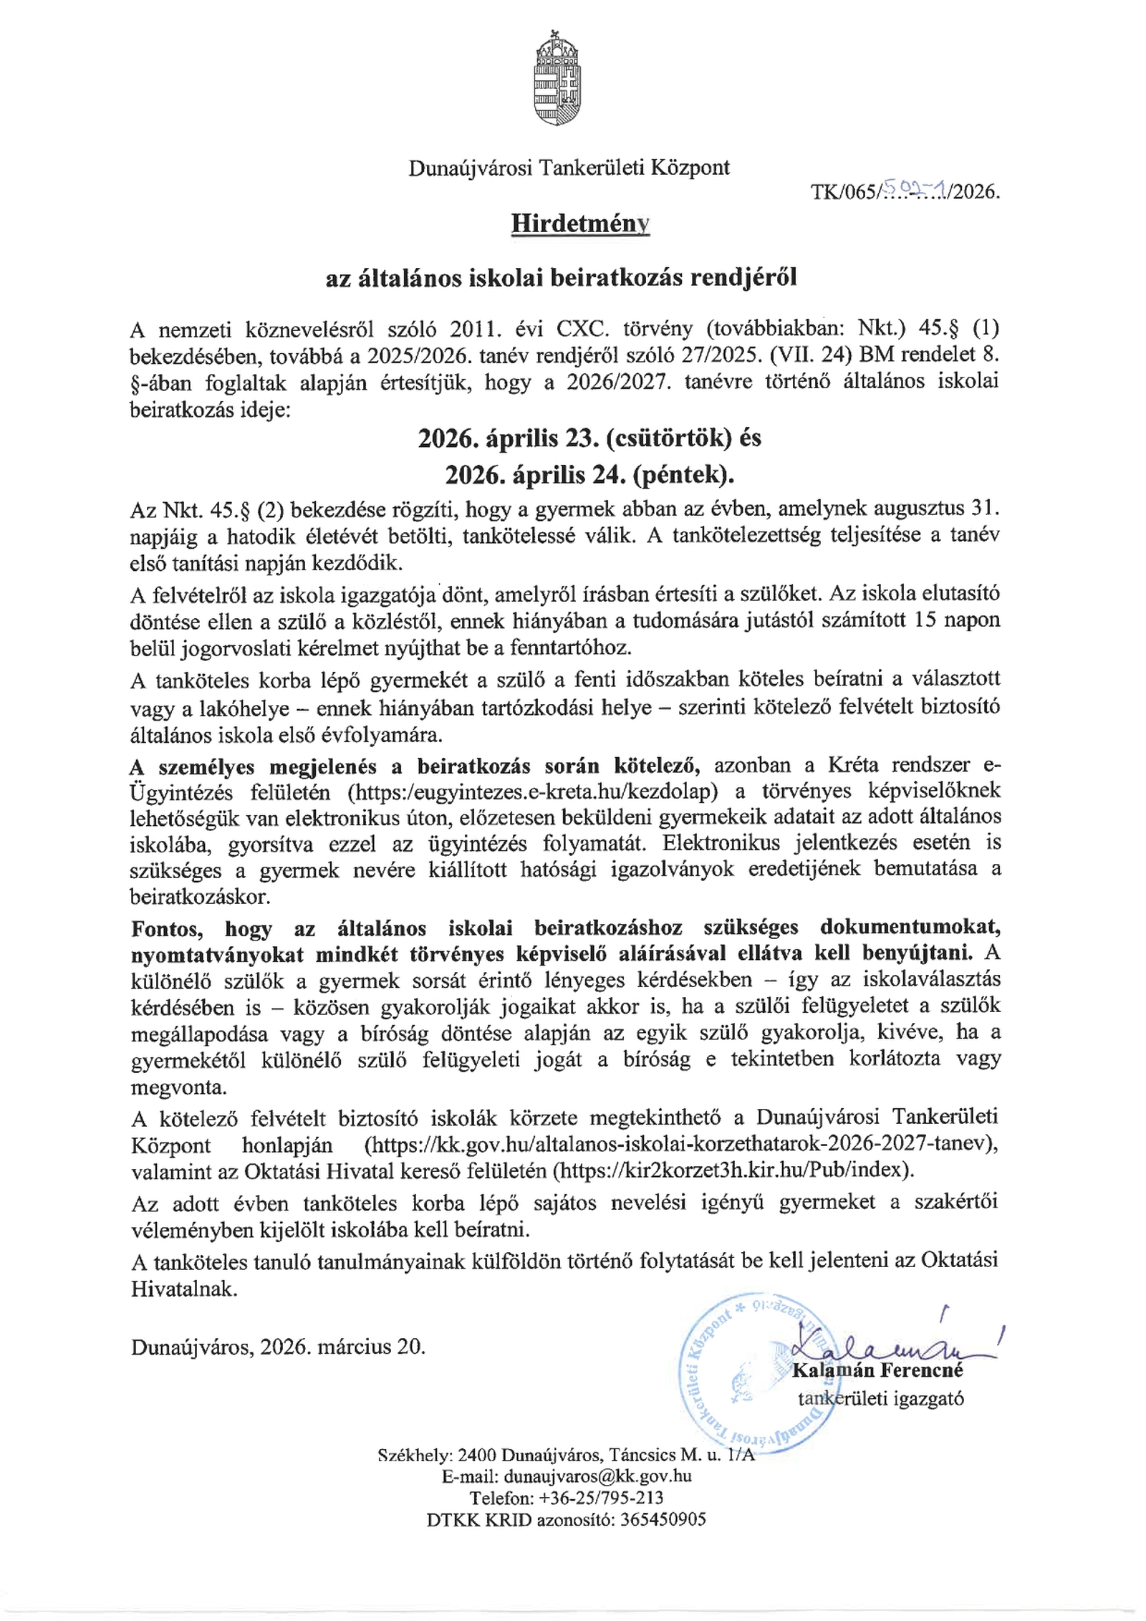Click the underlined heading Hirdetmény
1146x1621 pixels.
[x=580, y=224]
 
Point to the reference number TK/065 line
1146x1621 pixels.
[x=905, y=191]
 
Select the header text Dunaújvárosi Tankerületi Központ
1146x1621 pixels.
[x=569, y=168]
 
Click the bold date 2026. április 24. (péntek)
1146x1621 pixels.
[x=589, y=474]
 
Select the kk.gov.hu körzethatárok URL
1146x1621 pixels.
[x=680, y=1145]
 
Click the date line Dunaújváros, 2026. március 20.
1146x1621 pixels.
[x=278, y=1347]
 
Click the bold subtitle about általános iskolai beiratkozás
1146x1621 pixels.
[x=561, y=278]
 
